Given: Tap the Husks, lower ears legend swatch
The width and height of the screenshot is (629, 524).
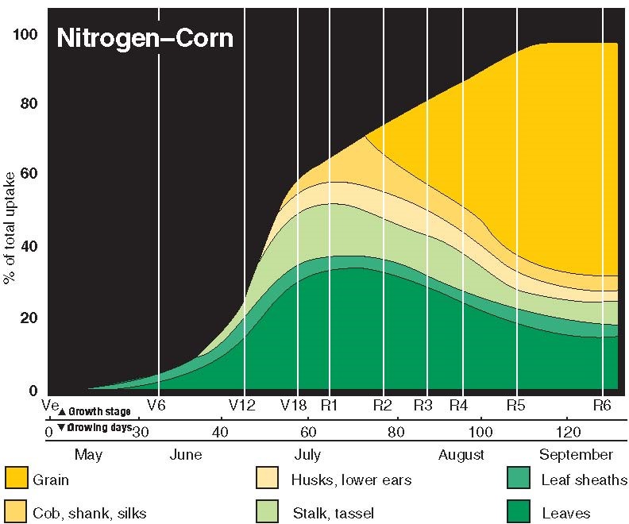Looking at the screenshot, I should (x=267, y=479).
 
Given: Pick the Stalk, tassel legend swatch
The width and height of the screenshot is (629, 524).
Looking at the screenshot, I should (x=267, y=511).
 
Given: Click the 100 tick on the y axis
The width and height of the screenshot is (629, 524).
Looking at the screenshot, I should (x=27, y=34).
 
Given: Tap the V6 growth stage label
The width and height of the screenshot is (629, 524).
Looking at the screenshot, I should (x=156, y=405).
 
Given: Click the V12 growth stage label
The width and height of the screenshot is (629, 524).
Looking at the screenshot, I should (x=242, y=405).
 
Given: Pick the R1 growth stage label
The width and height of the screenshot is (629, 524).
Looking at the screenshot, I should (x=330, y=405).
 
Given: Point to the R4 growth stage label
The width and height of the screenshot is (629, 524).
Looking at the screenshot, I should (x=458, y=405).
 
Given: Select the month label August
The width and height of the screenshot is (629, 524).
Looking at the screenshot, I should (x=461, y=455).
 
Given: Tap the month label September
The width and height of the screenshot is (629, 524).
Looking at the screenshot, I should (x=576, y=455).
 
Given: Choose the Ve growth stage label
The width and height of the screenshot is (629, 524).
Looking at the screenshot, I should (x=51, y=405).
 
